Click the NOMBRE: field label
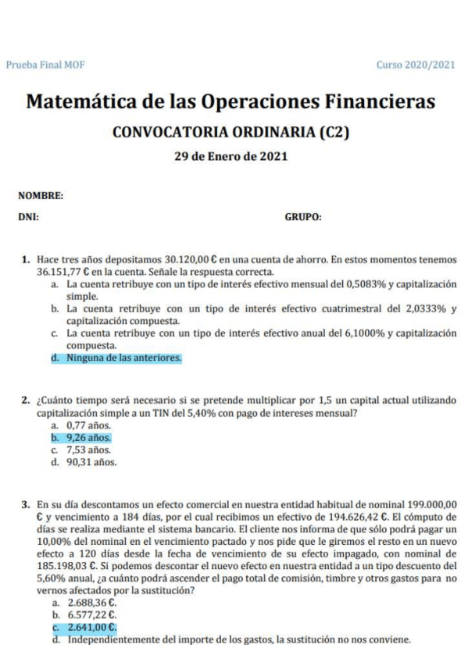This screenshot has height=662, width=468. click(41, 196)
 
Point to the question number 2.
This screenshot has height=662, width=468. click(26, 400)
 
